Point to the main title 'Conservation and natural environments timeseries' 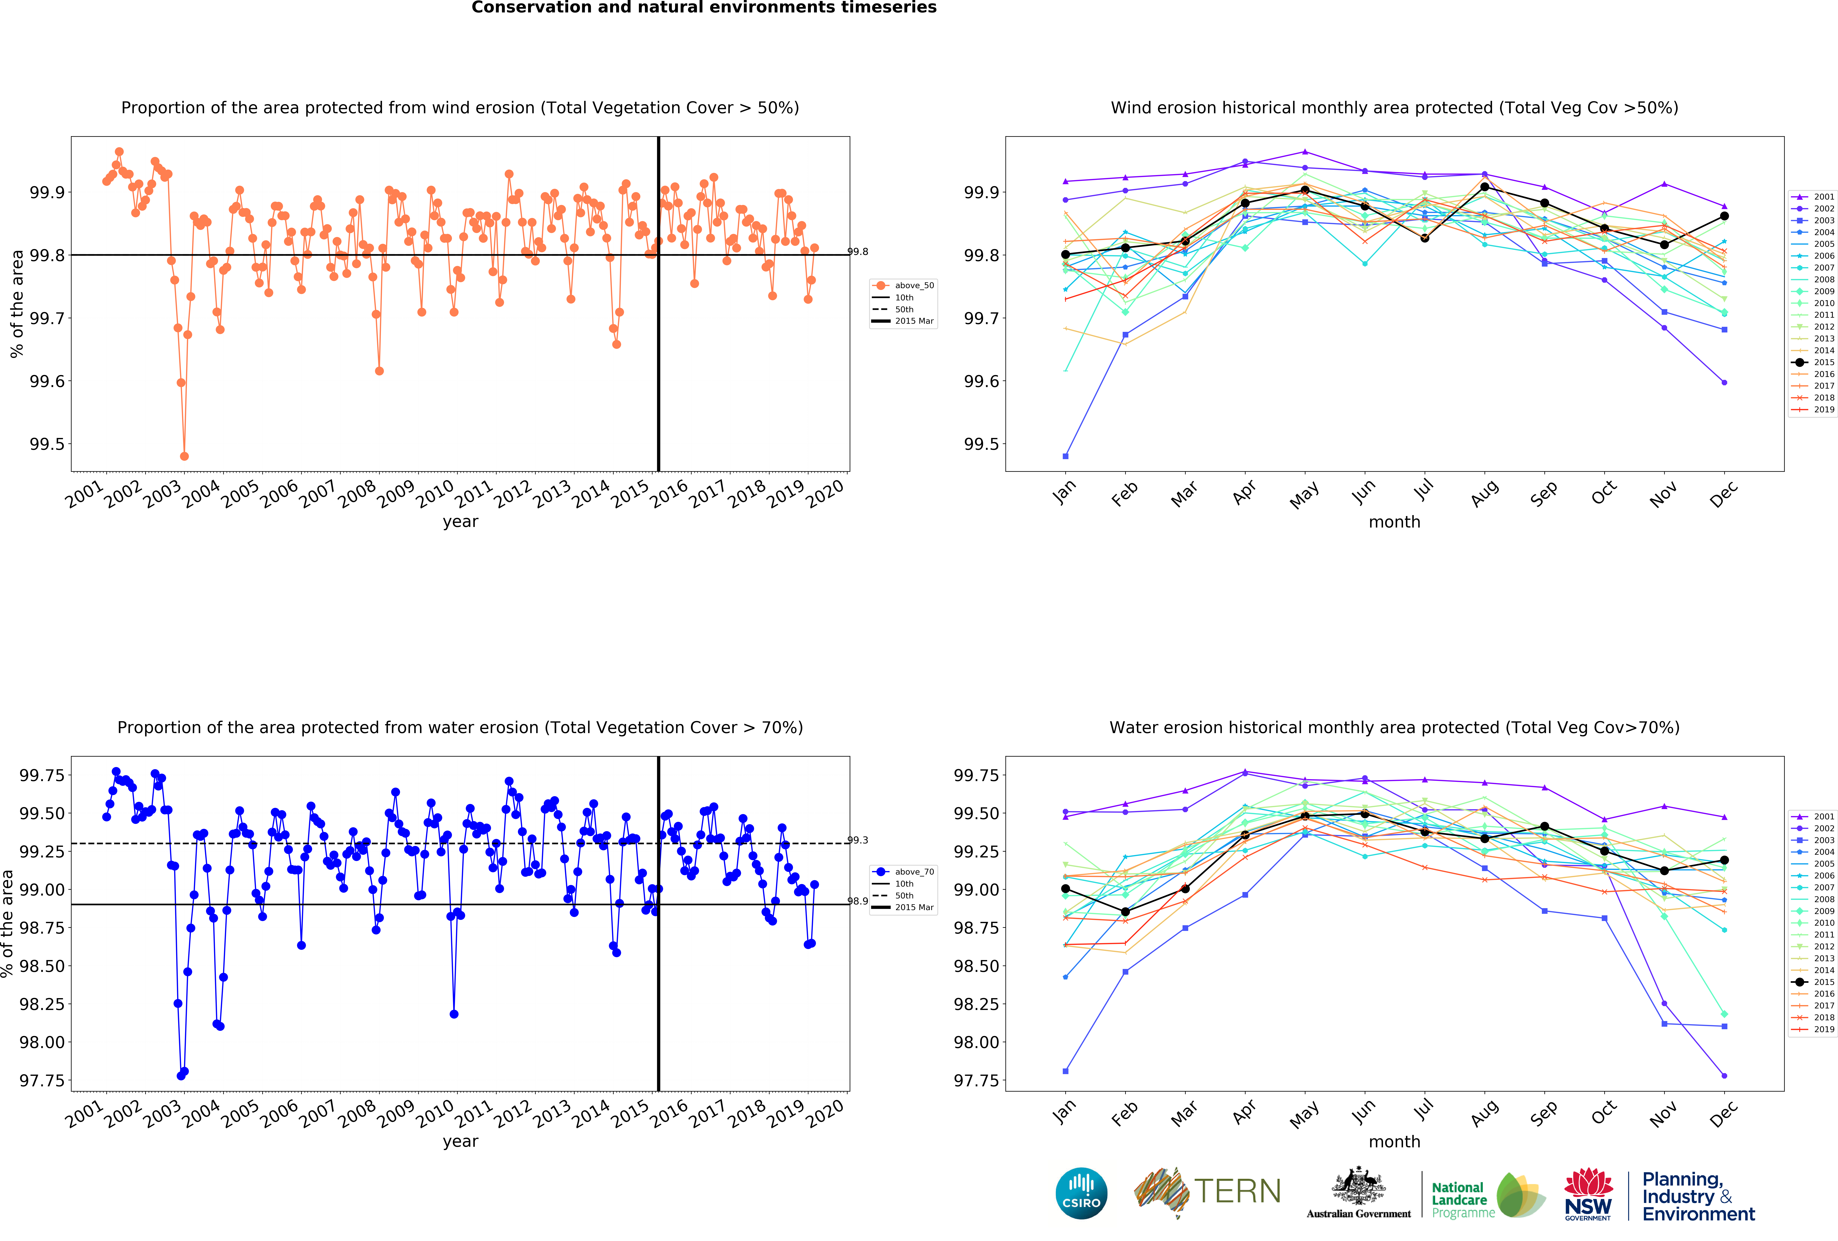pos(704,8)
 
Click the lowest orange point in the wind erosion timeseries pos(184,456)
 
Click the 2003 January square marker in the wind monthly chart pos(1065,456)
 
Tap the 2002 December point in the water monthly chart pos(1724,1076)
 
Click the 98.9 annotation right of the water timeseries pos(857,901)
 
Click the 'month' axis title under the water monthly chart pos(1394,1141)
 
